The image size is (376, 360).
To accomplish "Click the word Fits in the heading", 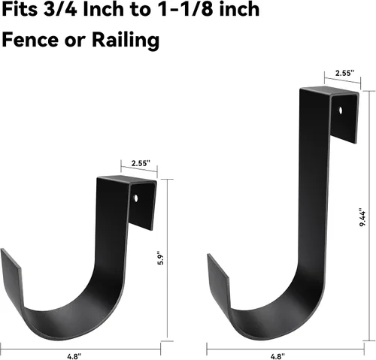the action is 20,10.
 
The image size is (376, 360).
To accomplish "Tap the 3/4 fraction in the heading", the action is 60,10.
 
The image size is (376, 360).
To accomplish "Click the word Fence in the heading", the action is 30,40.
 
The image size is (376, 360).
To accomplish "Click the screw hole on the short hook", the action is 136,198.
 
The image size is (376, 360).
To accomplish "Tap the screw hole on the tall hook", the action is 341,110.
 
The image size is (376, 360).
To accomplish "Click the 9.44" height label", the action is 362,217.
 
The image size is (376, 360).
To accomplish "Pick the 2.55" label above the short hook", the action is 141,163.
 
